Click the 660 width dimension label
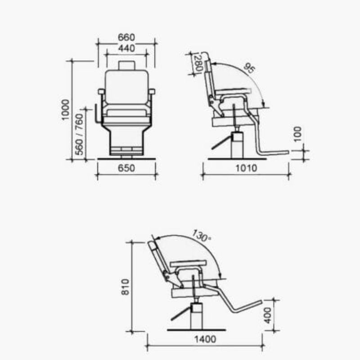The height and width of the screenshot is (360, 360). pos(126,37)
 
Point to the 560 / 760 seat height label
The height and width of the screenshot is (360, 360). pos(79,135)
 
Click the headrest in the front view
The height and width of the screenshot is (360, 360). pos(126,65)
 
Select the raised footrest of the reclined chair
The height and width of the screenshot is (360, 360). pos(245,306)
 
